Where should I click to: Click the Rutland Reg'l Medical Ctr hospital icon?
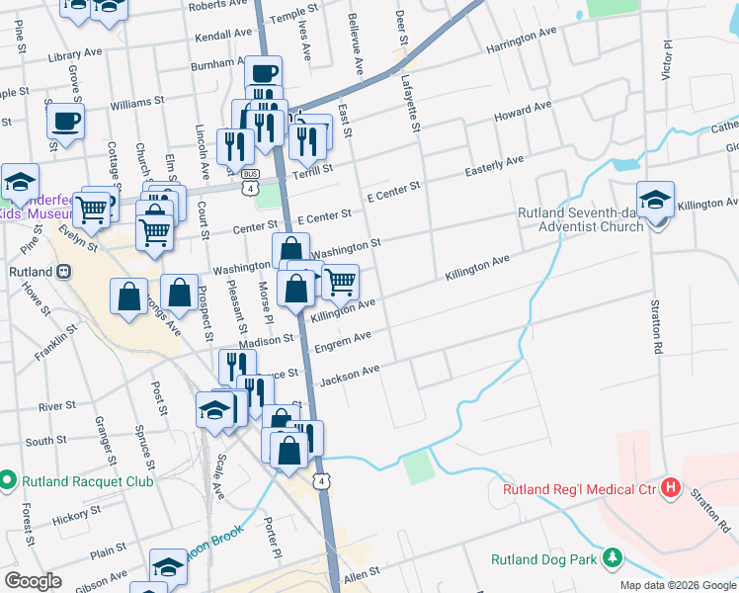pyautogui.click(x=672, y=487)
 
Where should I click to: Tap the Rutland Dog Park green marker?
pyautogui.click(x=613, y=558)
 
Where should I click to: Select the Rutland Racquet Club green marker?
pyautogui.click(x=9, y=481)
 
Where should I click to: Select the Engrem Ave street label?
pyautogui.click(x=342, y=342)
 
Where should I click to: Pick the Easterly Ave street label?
pyautogui.click(x=494, y=166)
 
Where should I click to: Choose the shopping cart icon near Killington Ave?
pyautogui.click(x=340, y=282)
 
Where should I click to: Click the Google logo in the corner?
pyautogui.click(x=33, y=580)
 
